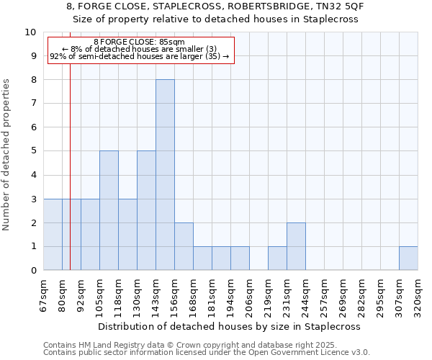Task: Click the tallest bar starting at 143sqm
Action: coord(165,175)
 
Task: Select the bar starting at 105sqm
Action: coord(109,210)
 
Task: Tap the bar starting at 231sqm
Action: coord(296,246)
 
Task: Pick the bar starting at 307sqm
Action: coord(408,258)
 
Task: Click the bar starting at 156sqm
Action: coord(184,246)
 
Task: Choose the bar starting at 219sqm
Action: coord(277,258)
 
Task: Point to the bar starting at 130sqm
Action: coord(146,210)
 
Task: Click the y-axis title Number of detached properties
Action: coord(7,155)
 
